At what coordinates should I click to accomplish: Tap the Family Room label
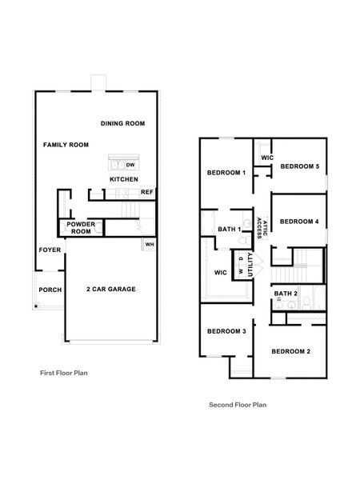point(66,144)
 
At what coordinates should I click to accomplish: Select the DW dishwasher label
point(130,165)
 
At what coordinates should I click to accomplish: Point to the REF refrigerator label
point(146,192)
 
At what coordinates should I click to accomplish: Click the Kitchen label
point(124,179)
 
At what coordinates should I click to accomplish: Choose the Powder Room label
point(81,227)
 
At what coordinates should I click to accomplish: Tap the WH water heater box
point(149,244)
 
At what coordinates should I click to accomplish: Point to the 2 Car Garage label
point(110,289)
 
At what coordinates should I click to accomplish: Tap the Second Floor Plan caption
point(238,405)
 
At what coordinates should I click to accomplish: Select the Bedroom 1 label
point(226,173)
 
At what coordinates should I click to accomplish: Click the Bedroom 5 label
point(300,166)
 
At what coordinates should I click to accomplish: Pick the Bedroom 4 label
point(300,221)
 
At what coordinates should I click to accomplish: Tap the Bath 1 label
point(229,230)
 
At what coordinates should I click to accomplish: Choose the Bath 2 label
point(286,294)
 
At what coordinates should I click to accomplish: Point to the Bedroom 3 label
point(226,331)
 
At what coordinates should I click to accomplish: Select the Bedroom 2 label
point(290,351)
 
